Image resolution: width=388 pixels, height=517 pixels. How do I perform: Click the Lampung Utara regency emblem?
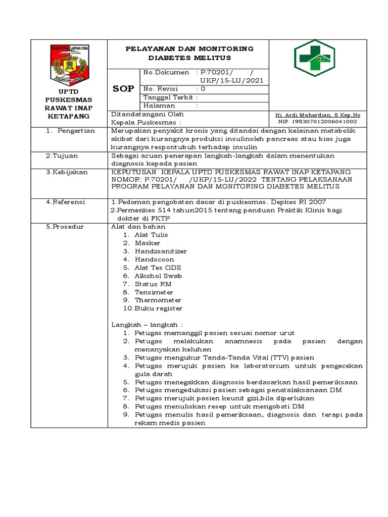pos(70,65)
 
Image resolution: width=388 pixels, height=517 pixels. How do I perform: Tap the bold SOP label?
pos(123,88)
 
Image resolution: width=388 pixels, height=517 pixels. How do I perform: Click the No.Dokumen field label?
pos(166,73)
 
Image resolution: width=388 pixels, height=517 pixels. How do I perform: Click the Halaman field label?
pos(159,106)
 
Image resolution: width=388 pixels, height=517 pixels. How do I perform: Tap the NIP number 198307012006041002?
pos(318,122)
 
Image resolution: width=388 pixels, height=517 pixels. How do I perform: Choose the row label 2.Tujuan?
pos(59,156)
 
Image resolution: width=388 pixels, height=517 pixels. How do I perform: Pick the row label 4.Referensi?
pos(66,202)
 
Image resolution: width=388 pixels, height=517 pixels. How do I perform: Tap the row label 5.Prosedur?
pos(65,227)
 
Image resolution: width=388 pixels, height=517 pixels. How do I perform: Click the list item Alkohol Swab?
pos(158,276)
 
